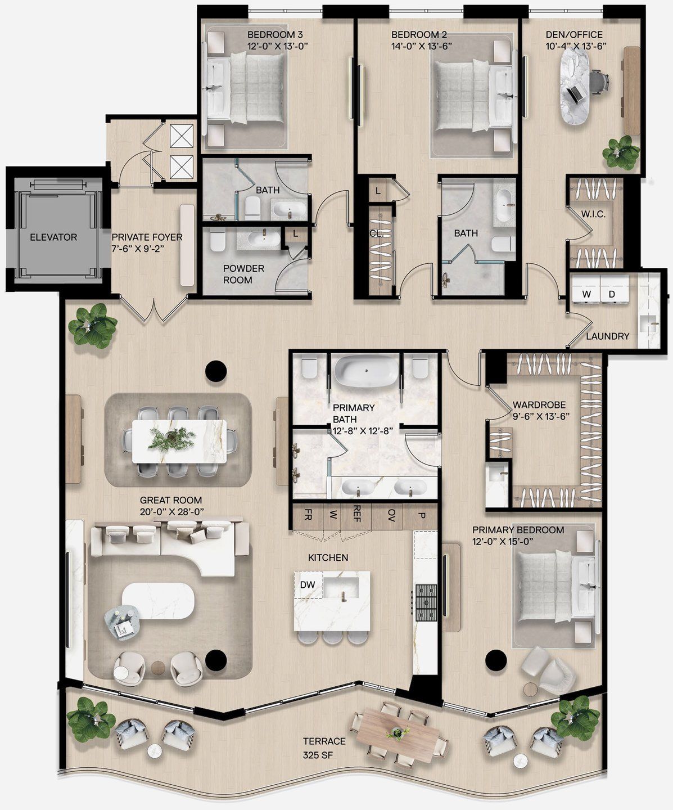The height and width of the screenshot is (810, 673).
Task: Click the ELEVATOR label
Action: coord(53,237)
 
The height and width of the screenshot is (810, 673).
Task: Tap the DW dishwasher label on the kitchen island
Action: coord(308,584)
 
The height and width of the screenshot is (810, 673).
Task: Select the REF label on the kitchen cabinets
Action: coord(356,514)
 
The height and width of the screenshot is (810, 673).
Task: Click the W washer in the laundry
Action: coord(586,294)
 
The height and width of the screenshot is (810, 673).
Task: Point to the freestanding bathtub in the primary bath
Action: coord(367,371)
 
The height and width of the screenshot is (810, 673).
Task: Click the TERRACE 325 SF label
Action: coord(324,748)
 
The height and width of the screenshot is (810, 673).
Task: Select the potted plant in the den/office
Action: coord(621,152)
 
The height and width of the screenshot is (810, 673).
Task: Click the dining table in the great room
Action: coord(179,441)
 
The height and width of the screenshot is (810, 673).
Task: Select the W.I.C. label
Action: coord(593,214)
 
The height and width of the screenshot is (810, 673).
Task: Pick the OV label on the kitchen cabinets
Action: coord(391,514)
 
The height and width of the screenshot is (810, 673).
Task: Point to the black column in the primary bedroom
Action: coord(496,658)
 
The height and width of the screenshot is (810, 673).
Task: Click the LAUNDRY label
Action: coord(607,336)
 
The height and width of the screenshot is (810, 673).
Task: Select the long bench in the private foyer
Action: coord(187,245)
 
